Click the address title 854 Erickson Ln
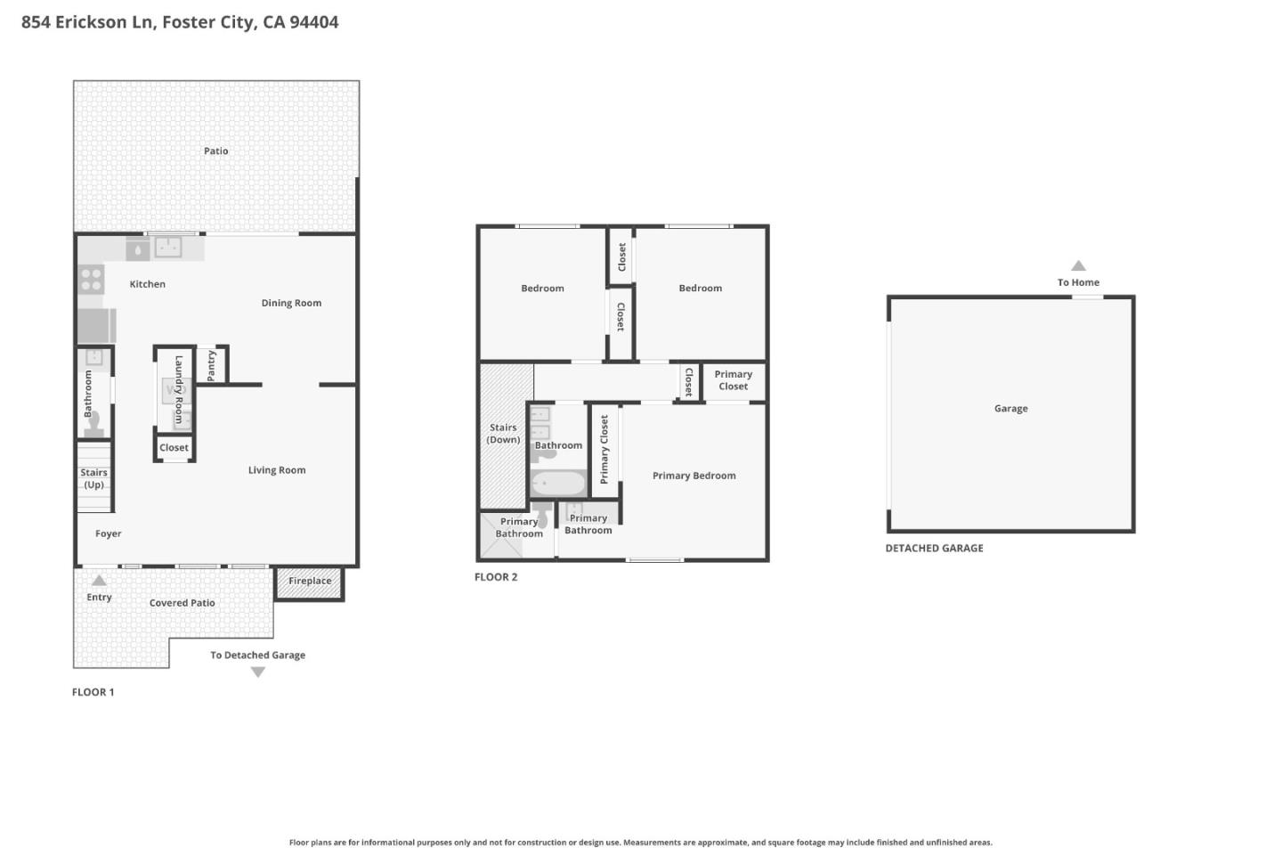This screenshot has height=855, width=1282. click(x=179, y=22)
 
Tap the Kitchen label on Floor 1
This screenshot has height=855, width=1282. click(x=147, y=284)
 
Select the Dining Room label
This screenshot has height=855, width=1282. click(x=291, y=303)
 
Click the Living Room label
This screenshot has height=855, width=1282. click(x=276, y=470)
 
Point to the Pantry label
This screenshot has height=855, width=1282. click(x=211, y=365)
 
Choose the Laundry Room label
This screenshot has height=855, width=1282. click(x=178, y=389)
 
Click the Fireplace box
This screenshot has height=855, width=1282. click(x=309, y=582)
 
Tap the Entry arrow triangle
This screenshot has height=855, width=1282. click(x=99, y=581)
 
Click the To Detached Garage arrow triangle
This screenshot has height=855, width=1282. click(x=258, y=672)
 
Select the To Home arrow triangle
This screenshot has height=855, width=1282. click(x=1078, y=265)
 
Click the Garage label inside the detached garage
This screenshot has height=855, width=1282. click(x=1010, y=409)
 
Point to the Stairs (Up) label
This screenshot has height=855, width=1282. click(x=93, y=479)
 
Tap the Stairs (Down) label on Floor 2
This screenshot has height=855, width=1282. click(x=503, y=434)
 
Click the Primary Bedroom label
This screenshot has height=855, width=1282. click(x=694, y=476)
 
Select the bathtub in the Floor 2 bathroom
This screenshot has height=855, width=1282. click(x=558, y=484)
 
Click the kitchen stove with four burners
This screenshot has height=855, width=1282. click(x=91, y=280)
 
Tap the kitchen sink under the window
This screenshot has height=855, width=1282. click(x=167, y=247)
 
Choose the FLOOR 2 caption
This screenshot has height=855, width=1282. click(x=495, y=577)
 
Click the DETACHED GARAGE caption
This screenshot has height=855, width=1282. click(x=934, y=549)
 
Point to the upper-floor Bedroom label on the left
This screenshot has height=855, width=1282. click(x=542, y=289)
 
